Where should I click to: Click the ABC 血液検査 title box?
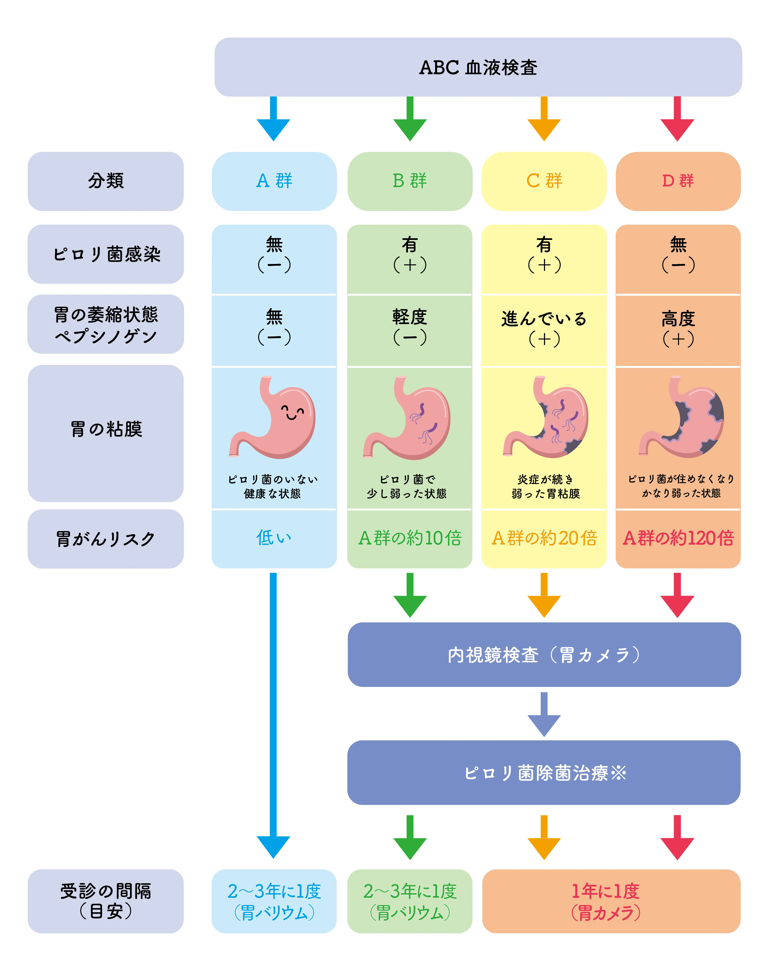(478, 67)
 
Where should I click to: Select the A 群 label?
(274, 181)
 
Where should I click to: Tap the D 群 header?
(678, 181)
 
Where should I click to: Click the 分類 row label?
(106, 181)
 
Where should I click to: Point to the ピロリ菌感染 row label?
(106, 254)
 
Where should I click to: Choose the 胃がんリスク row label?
(106, 538)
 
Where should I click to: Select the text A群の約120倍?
(678, 538)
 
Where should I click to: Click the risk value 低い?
(274, 537)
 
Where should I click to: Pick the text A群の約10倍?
(409, 538)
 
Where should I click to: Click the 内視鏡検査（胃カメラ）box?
(544, 655)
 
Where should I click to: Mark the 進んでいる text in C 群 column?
(544, 319)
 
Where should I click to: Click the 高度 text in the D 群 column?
(678, 319)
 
